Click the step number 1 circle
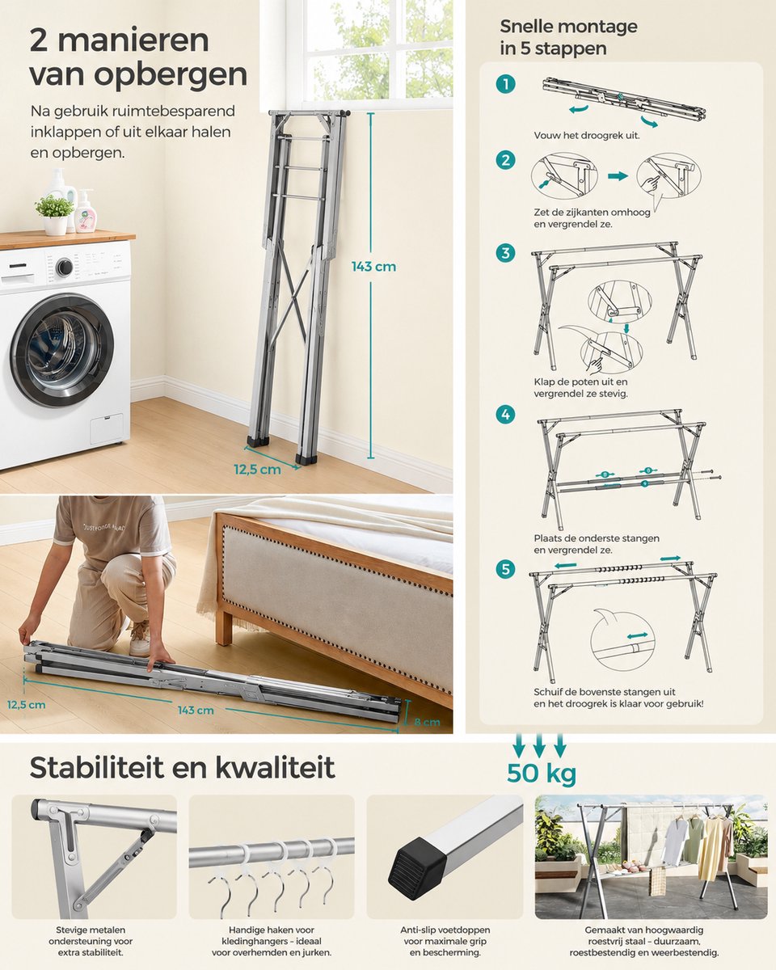[x=505, y=84]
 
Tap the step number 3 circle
[x=505, y=253]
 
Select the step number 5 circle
[x=505, y=569]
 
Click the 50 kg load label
[x=542, y=774]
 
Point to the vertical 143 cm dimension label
[x=373, y=267]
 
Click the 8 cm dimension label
[x=427, y=722]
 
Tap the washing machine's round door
[x=62, y=350]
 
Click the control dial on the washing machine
[x=65, y=268]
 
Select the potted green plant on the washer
[x=55, y=214]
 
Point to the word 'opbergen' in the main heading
[x=171, y=75]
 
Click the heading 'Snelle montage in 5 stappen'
[x=568, y=37]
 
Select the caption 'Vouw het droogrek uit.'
[x=587, y=135]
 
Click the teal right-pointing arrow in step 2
[x=618, y=176]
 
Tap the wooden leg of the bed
[x=224, y=625]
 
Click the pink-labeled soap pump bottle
[x=84, y=211]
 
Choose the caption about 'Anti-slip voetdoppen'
[x=445, y=941]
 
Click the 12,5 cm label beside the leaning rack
[x=258, y=470]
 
